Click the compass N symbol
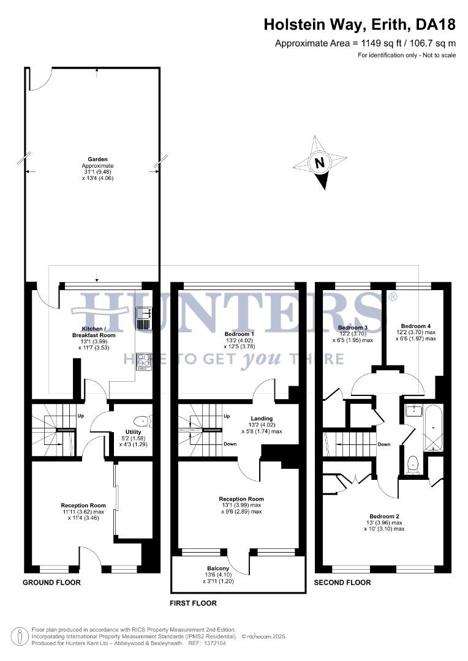coord(319,163)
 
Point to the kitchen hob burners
coord(143,361)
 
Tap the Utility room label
coord(133,431)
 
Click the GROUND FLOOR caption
coord(51,582)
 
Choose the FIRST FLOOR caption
coord(193,603)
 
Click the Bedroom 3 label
coord(352,328)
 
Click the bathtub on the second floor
coord(432,427)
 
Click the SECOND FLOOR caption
coord(342,582)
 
